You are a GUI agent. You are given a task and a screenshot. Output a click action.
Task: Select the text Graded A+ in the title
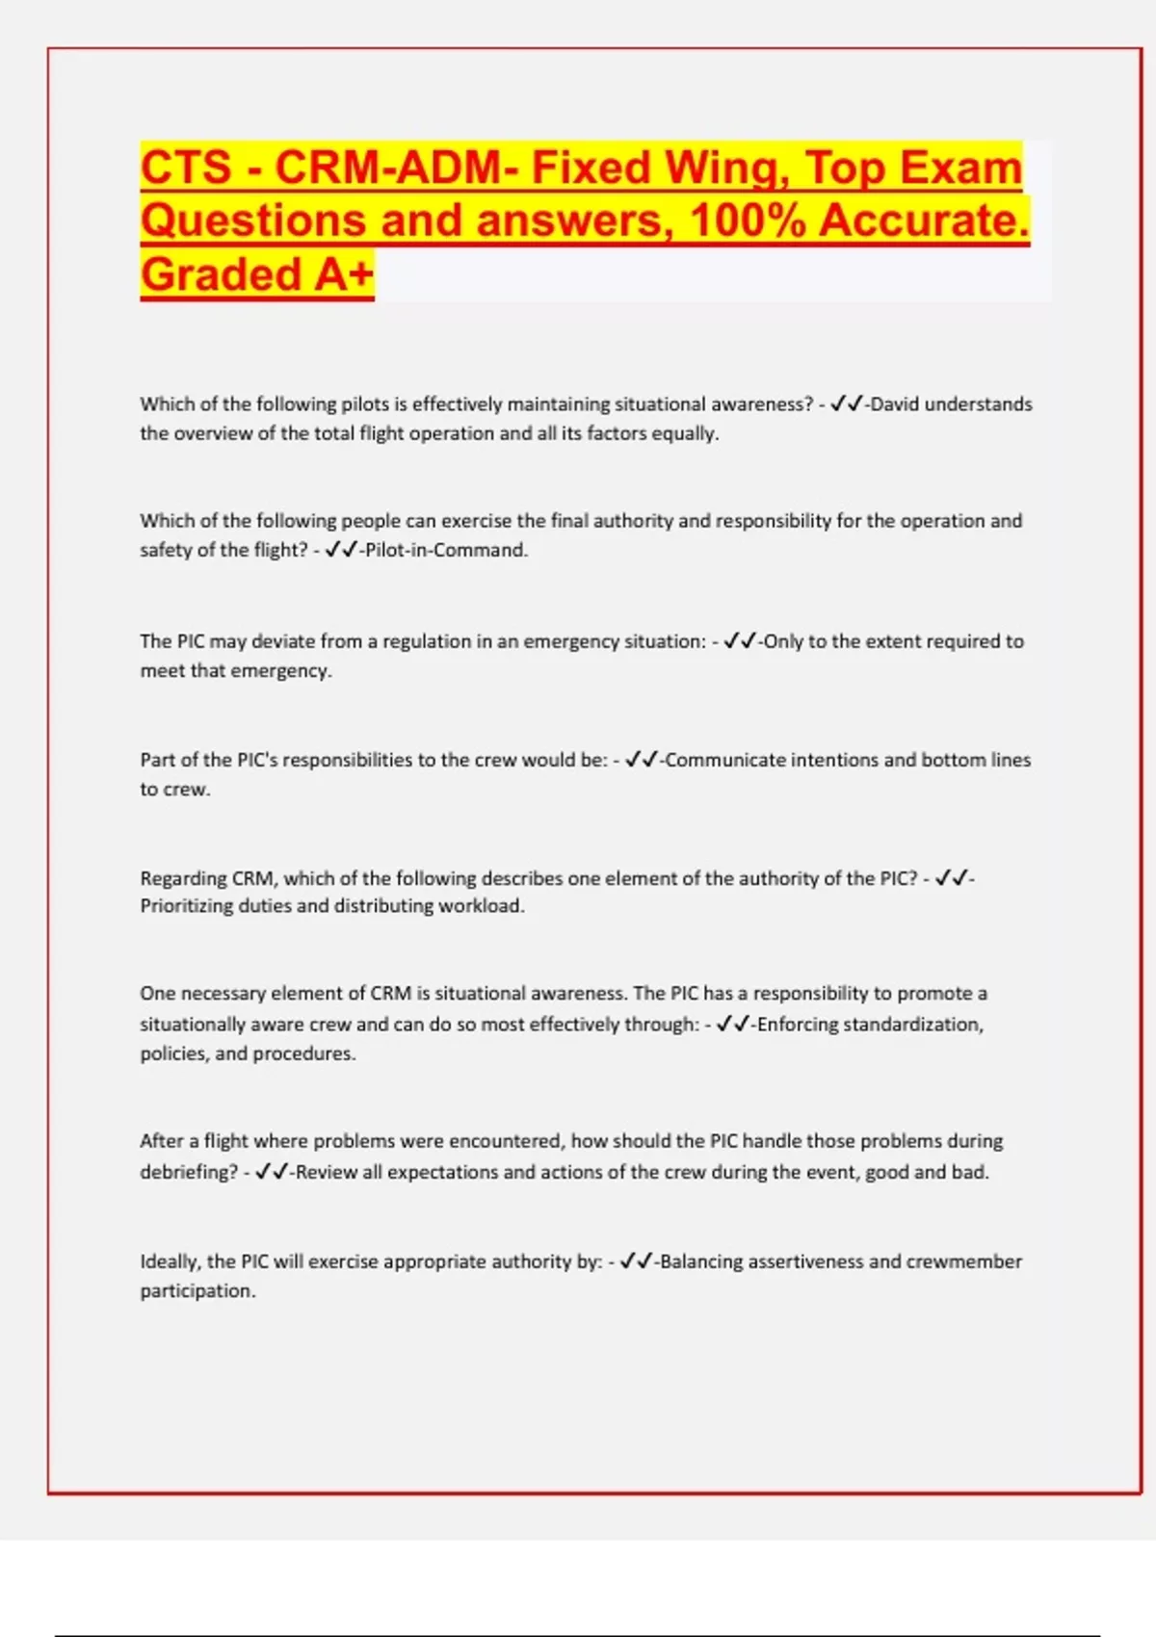[257, 274]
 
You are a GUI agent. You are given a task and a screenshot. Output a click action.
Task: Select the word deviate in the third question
[283, 641]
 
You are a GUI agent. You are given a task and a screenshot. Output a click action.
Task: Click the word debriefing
[188, 1173]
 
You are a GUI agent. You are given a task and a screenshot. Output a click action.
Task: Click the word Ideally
[170, 1261]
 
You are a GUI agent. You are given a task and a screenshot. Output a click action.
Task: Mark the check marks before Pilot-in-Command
[341, 551]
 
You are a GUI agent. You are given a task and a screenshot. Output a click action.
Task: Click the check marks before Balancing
[637, 1261]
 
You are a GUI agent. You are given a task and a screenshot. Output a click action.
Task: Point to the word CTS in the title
[186, 168]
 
